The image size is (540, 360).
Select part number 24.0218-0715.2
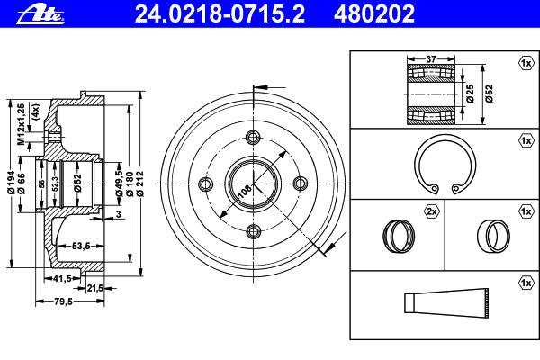click(x=220, y=13)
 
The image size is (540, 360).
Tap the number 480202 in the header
click(x=374, y=13)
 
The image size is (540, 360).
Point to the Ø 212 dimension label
click(x=140, y=184)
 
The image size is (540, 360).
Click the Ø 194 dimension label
click(x=12, y=183)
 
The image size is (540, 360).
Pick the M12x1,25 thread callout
click(x=21, y=124)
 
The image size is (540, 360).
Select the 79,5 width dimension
click(x=63, y=301)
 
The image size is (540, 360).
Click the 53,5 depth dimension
click(x=81, y=246)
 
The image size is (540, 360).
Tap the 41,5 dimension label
click(x=62, y=278)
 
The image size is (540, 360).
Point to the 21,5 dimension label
click(x=95, y=288)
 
